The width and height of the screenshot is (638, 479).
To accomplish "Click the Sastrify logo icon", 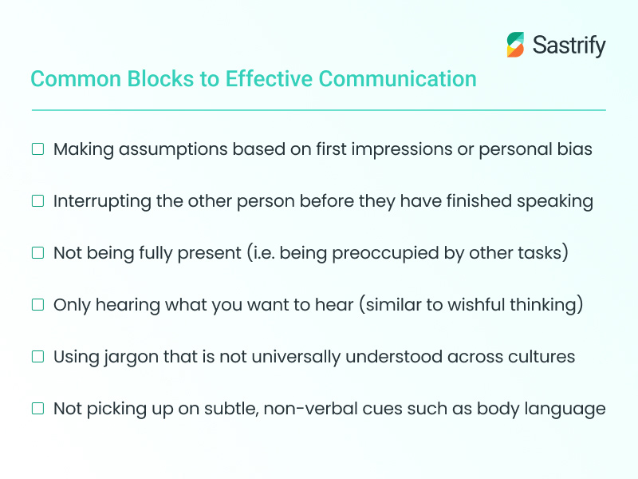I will (516, 45).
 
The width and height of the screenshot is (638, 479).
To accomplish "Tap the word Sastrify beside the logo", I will (567, 46).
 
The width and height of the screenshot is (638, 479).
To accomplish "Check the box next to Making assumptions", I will (37, 149).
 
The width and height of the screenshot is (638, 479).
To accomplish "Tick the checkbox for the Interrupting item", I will (37, 201).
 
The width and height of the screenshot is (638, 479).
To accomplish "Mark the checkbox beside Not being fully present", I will (37, 253).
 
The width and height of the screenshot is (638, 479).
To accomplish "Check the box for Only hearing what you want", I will (37, 305).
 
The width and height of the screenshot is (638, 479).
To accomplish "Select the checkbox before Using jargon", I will (37, 357).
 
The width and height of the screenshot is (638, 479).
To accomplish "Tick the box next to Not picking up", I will (37, 409).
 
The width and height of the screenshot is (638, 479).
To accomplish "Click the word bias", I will (575, 149).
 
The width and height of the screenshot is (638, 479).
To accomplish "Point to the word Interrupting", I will (102, 201).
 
